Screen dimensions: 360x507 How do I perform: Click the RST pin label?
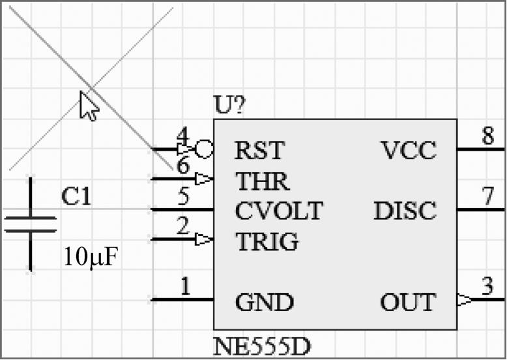(259, 151)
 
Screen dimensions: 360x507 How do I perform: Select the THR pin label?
(262, 181)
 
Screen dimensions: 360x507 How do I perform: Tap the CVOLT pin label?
(278, 211)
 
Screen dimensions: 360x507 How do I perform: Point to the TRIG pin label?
(267, 242)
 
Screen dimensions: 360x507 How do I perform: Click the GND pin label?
(264, 303)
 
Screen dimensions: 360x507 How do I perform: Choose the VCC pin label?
(409, 151)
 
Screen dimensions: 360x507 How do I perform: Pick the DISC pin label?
(405, 211)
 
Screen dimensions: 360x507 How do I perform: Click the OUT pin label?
(408, 303)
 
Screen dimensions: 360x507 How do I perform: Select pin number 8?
(487, 137)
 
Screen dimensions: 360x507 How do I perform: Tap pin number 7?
(487, 198)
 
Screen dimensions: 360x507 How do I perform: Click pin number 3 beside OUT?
(487, 287)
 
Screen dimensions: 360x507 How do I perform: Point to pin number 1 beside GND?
(185, 287)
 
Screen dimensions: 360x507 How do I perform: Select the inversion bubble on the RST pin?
(205, 149)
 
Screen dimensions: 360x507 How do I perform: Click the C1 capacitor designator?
(76, 196)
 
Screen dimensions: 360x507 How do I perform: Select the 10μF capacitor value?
(91, 257)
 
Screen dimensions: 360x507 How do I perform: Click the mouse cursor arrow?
(88, 105)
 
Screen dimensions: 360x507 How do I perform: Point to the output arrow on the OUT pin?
(464, 300)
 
